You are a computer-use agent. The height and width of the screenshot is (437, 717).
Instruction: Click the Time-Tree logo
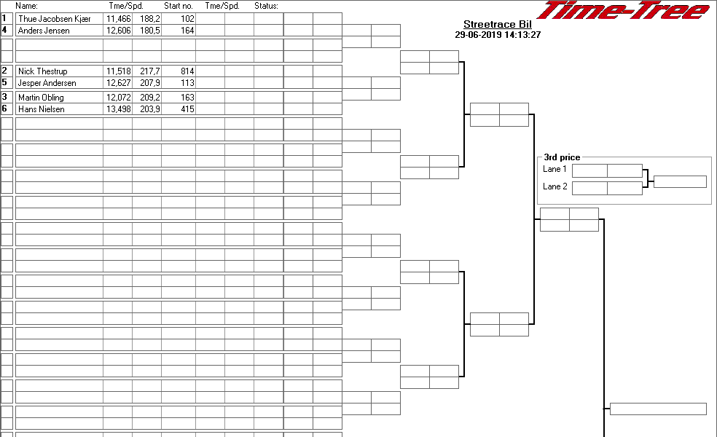coord(624,10)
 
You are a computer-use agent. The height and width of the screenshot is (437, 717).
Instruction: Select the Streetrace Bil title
coord(498,25)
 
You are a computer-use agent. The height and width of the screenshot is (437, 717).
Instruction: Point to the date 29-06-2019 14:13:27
coord(498,35)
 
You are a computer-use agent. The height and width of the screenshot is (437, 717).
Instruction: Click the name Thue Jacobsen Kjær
coord(55,19)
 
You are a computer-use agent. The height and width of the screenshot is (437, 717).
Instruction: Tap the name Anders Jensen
coord(44,31)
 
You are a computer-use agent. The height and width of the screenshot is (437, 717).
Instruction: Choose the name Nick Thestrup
coord(42,71)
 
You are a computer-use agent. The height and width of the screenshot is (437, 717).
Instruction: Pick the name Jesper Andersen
coord(47,83)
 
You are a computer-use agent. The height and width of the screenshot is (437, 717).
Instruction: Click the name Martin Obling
coord(41,98)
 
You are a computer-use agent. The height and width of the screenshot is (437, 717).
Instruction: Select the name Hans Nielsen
coord(41,109)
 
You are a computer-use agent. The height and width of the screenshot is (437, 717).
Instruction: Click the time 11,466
coord(119,19)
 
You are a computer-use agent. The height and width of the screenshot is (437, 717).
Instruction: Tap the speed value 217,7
coord(150,71)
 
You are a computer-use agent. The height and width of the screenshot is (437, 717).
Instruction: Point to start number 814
coord(187,71)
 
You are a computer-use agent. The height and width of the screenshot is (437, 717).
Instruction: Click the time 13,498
coord(119,109)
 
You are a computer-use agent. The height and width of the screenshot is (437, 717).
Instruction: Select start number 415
coord(187,109)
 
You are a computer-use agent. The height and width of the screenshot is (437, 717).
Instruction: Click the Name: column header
coord(26,6)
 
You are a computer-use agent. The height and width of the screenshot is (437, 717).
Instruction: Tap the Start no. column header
coord(179,6)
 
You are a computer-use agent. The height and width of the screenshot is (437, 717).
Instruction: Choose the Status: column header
coord(266,6)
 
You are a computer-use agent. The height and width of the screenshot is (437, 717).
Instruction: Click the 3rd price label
coord(562,157)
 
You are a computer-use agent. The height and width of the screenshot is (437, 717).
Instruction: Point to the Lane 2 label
coord(555,186)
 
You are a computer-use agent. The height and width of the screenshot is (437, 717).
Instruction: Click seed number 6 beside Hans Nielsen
coord(4,109)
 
